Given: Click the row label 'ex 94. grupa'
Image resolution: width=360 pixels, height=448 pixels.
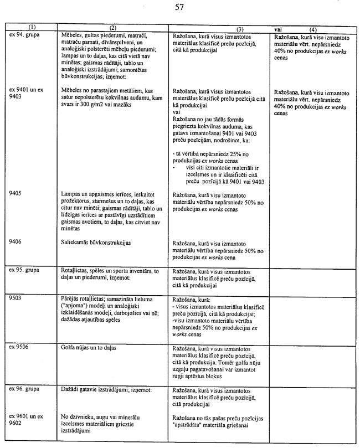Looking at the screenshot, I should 24,34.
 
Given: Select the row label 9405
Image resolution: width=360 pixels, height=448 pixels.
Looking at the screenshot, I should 17,194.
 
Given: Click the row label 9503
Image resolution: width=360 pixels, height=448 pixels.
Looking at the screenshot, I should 17,297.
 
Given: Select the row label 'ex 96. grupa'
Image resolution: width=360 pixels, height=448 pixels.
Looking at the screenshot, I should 24,389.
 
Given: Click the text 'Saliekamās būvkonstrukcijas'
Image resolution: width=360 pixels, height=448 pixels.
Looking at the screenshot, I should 97,243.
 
